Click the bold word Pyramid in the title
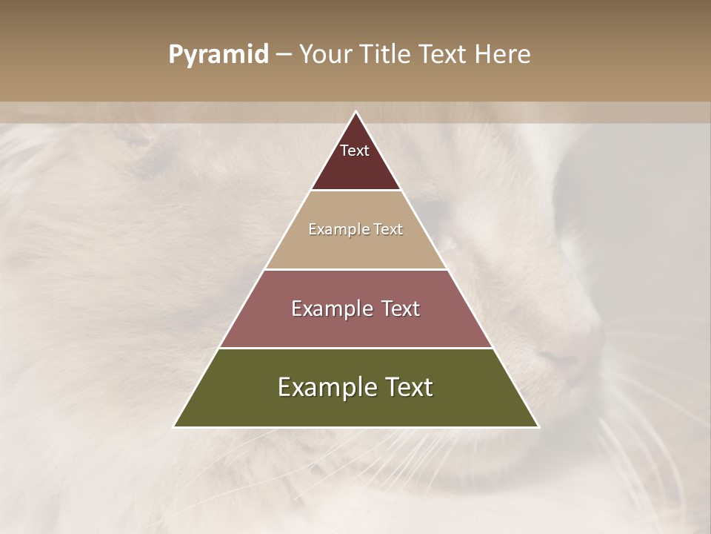tap(218, 55)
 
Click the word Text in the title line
tap(443, 55)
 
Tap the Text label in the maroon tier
tap(355, 151)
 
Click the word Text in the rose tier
tap(400, 309)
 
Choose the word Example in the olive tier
tap(328, 387)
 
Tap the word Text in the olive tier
tap(410, 387)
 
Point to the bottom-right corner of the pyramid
tap(538, 426)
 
